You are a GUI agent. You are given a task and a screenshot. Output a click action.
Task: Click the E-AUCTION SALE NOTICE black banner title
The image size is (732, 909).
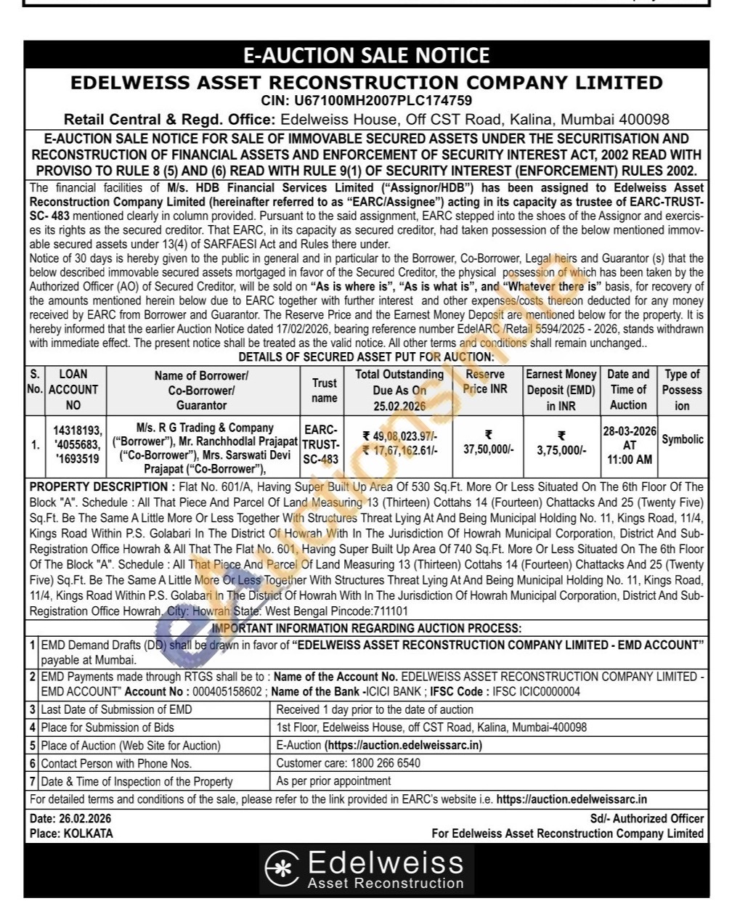tap(366, 56)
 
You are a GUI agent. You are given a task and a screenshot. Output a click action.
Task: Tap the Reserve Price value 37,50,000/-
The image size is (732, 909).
tap(488, 449)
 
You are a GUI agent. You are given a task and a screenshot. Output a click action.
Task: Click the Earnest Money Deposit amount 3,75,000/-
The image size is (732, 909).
tap(561, 450)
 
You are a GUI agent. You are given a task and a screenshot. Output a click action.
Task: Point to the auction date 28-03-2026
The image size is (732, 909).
tap(629, 431)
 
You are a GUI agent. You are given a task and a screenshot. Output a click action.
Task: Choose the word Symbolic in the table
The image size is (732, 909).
tap(682, 439)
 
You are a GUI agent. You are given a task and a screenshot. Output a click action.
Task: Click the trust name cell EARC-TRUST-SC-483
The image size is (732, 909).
tap(321, 444)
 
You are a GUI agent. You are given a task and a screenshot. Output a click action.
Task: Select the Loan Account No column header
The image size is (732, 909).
tap(73, 389)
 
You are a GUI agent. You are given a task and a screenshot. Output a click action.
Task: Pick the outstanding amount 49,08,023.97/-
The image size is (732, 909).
tap(399, 436)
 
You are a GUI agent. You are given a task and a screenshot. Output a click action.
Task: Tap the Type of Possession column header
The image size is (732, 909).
tap(682, 389)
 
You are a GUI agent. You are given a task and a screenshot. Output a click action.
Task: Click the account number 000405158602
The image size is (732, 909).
tap(225, 692)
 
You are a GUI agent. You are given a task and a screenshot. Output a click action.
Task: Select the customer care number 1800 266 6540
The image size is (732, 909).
tap(385, 763)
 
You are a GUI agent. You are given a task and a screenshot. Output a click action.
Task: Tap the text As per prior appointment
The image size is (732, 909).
tap(333, 781)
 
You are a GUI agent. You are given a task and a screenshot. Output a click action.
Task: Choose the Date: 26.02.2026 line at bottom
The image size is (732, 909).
tap(70, 819)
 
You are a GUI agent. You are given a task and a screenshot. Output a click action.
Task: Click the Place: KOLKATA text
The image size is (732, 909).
tap(71, 833)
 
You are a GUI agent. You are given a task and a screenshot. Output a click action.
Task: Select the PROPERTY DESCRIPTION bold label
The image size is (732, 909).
tap(98, 487)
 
